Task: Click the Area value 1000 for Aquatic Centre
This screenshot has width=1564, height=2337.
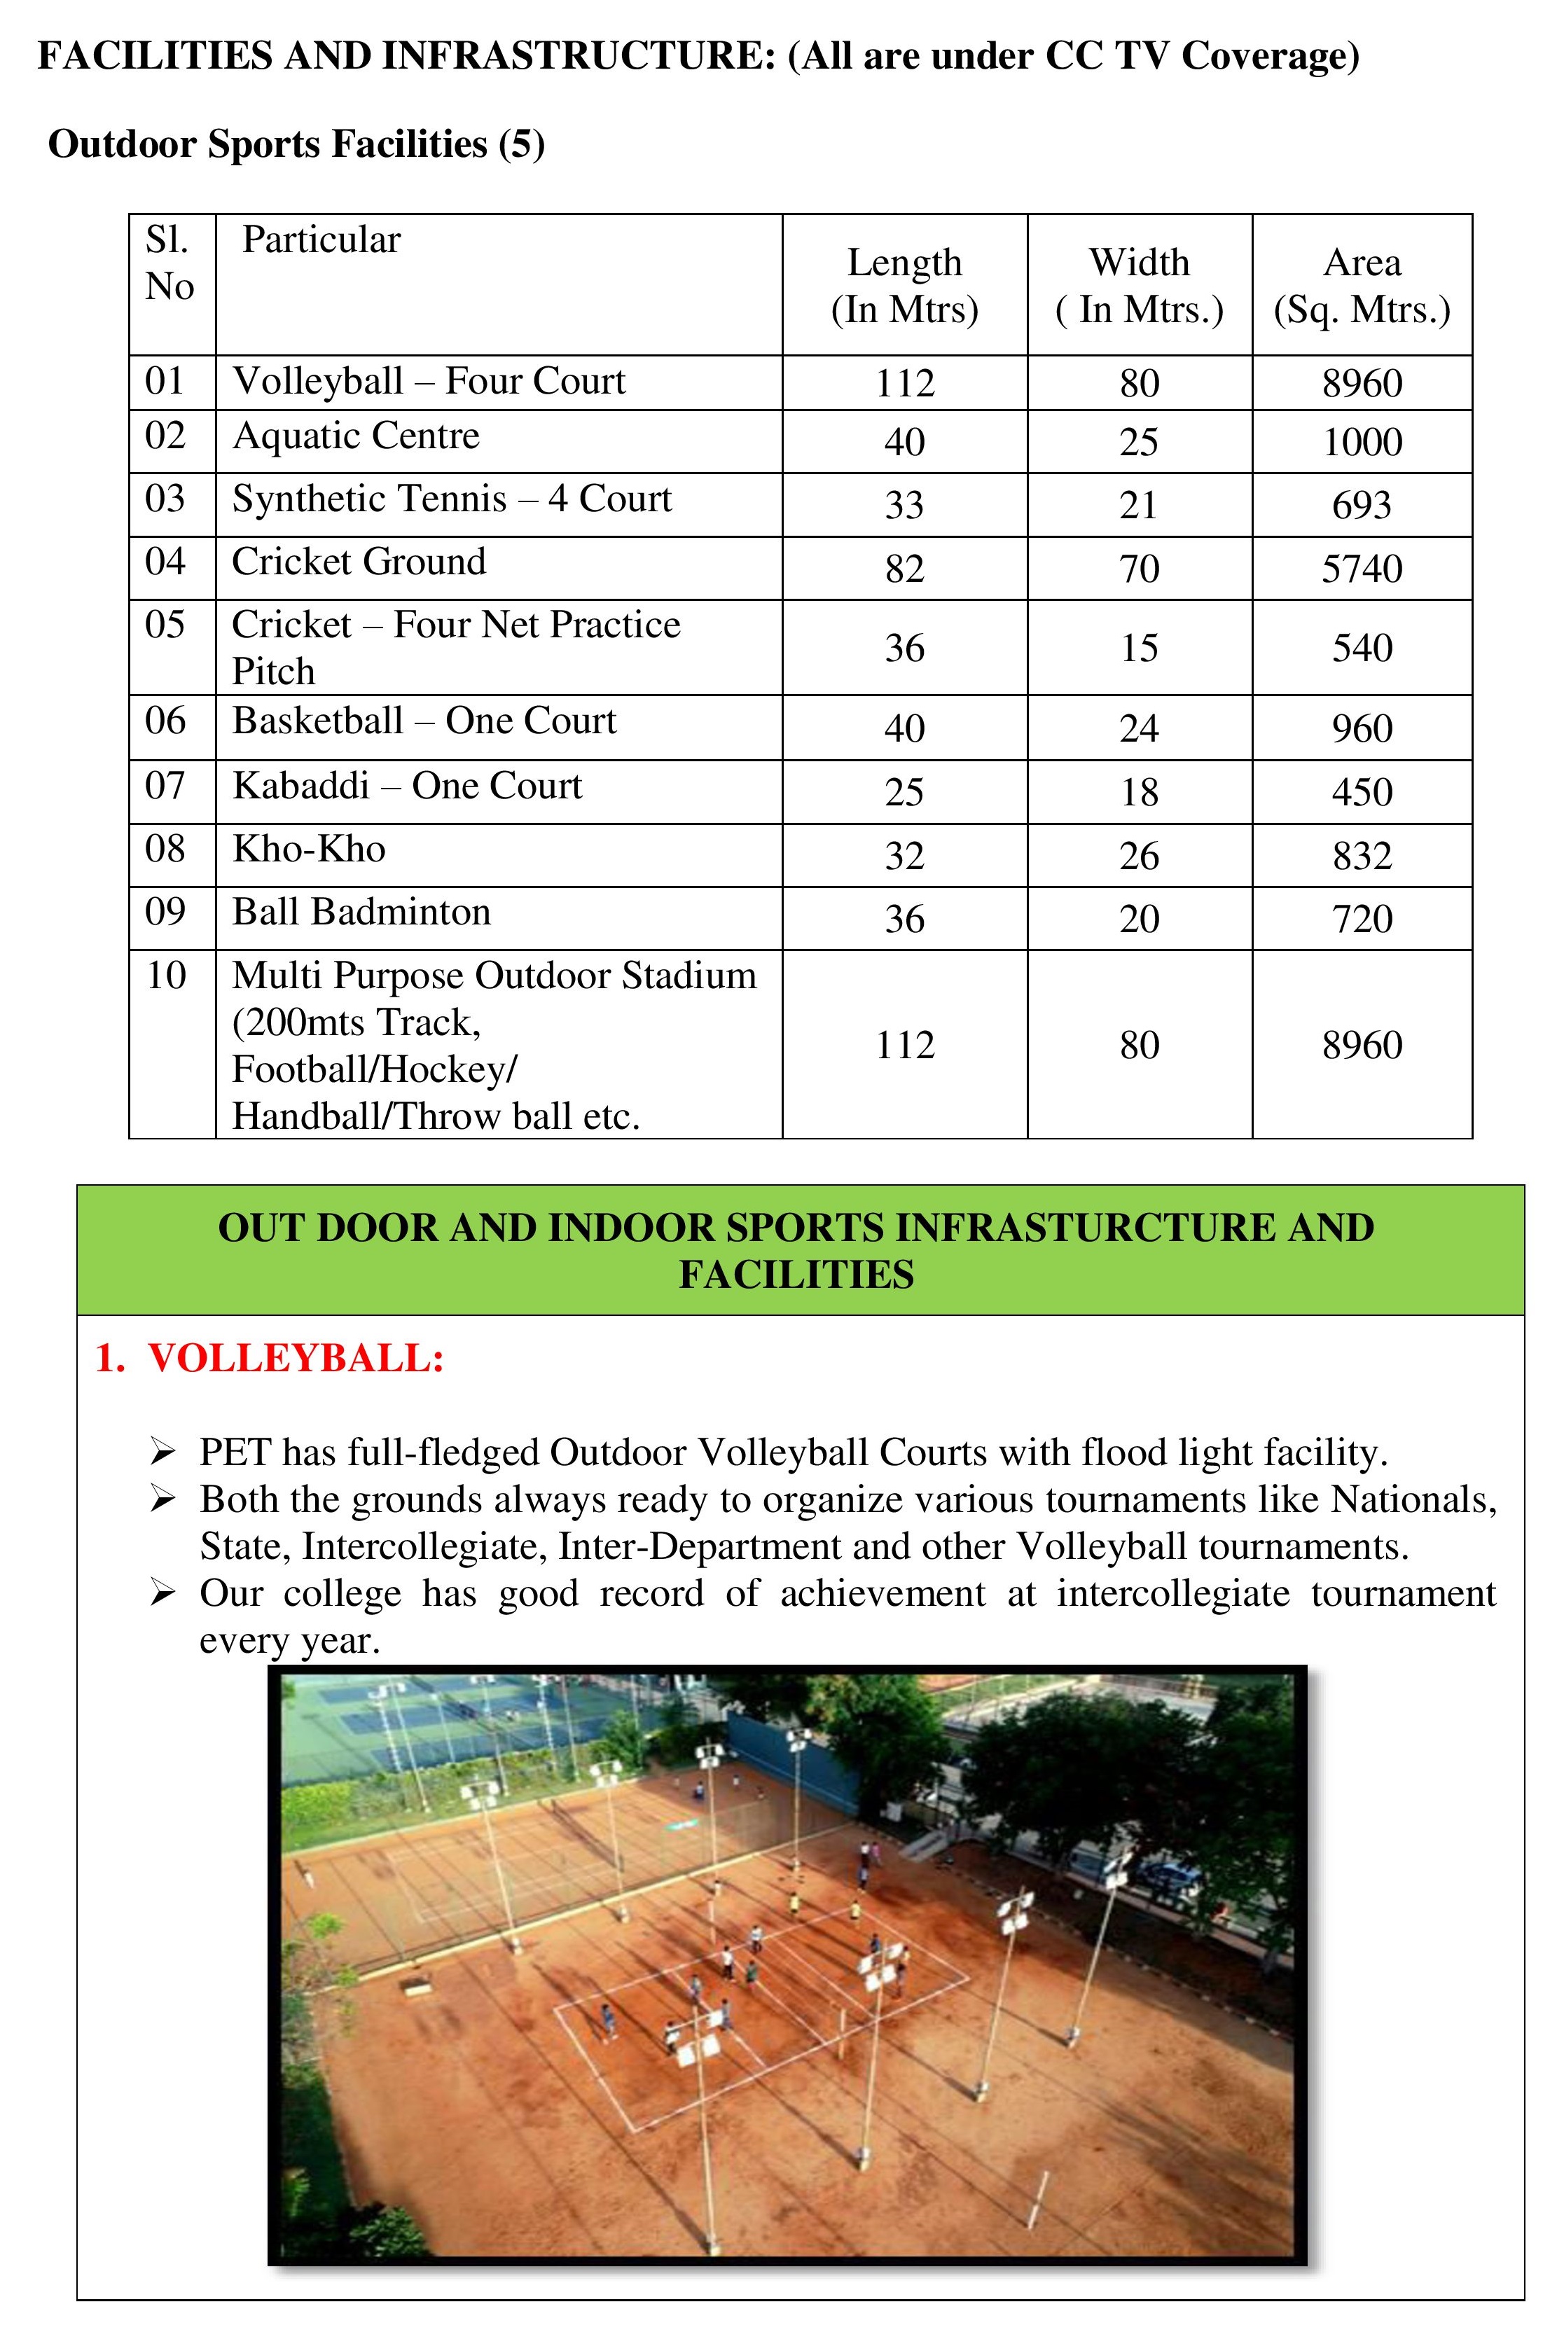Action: coord(1362,442)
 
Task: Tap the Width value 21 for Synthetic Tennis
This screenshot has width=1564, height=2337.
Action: coord(1138,505)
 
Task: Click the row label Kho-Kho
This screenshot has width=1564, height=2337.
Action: coord(308,849)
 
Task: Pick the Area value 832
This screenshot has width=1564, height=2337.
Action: coord(1362,856)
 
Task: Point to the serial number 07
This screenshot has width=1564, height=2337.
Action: coord(165,786)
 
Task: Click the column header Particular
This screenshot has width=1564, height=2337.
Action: coord(320,240)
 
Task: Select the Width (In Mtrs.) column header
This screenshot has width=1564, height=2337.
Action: coord(1138,285)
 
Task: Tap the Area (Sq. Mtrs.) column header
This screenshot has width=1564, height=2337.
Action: coord(1362,285)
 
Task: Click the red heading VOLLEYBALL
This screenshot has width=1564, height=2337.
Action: coord(296,1359)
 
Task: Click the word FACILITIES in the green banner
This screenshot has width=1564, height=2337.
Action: coord(796,1275)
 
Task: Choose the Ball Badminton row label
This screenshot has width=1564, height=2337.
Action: coord(361,913)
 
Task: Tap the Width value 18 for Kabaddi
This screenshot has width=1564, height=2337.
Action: coord(1138,792)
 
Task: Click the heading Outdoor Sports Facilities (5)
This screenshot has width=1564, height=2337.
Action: coord(296,145)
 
